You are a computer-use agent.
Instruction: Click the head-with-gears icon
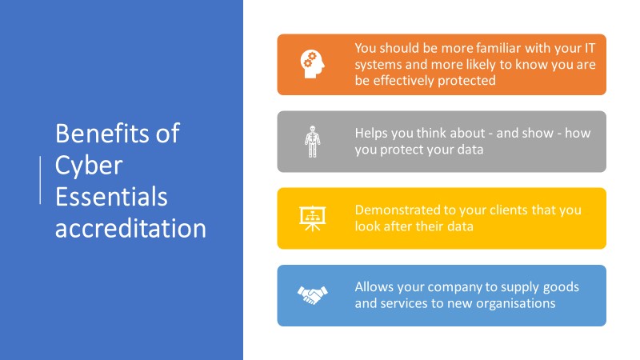click(x=312, y=64)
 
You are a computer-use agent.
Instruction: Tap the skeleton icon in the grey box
click(x=312, y=142)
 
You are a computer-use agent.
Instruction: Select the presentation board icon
click(x=312, y=218)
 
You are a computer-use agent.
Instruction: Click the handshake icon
click(x=312, y=295)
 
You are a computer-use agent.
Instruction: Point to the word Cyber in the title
click(x=89, y=166)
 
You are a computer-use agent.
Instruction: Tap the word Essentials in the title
click(x=111, y=196)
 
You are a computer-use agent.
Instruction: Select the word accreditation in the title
click(x=130, y=228)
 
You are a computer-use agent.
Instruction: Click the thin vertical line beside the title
click(x=40, y=180)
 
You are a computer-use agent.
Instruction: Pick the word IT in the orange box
click(x=590, y=48)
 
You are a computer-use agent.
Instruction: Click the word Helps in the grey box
click(x=370, y=134)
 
